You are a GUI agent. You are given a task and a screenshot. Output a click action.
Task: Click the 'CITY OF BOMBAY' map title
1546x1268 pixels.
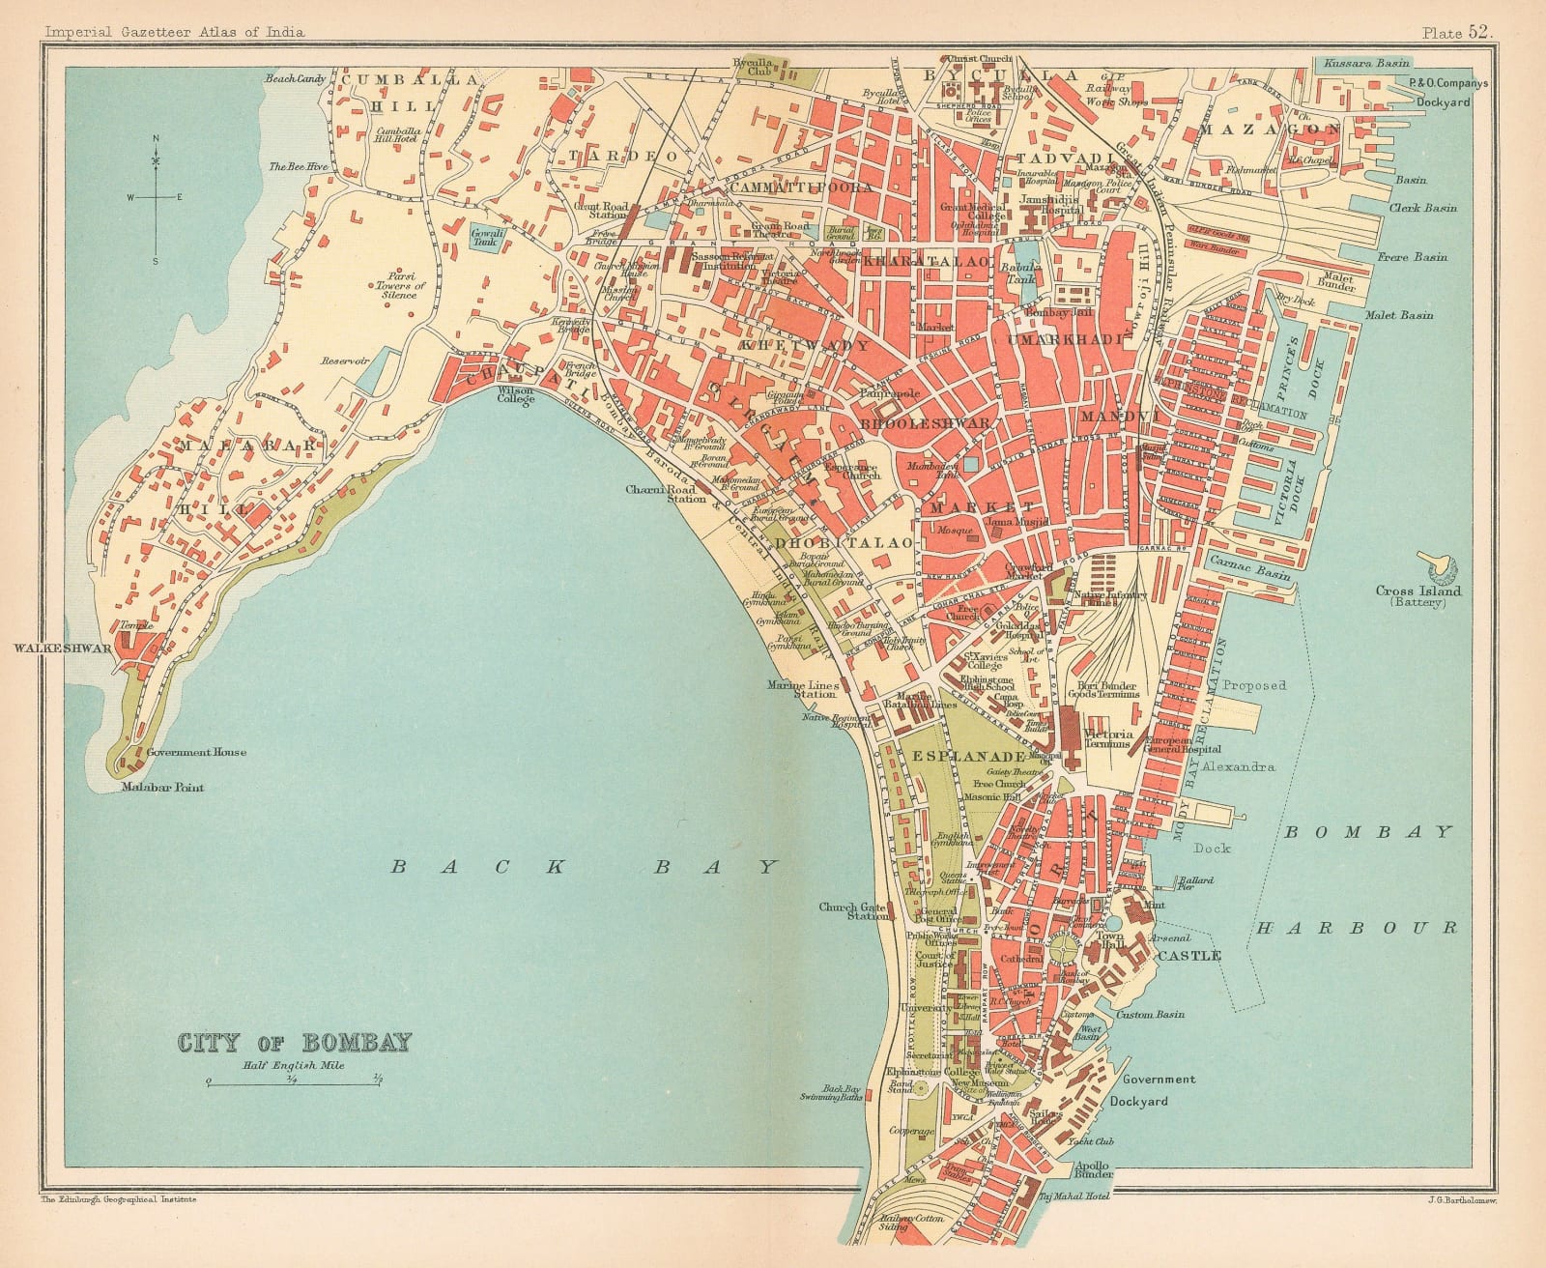(x=295, y=1042)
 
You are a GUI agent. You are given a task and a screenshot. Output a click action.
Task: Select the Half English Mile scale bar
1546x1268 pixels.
(x=293, y=1084)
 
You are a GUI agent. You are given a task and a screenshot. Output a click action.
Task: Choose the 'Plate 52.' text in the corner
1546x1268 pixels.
(x=1457, y=31)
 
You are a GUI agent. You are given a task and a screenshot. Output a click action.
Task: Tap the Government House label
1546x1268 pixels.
(x=196, y=752)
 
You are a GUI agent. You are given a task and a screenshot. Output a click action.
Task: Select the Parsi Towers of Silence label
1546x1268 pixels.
(x=401, y=286)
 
